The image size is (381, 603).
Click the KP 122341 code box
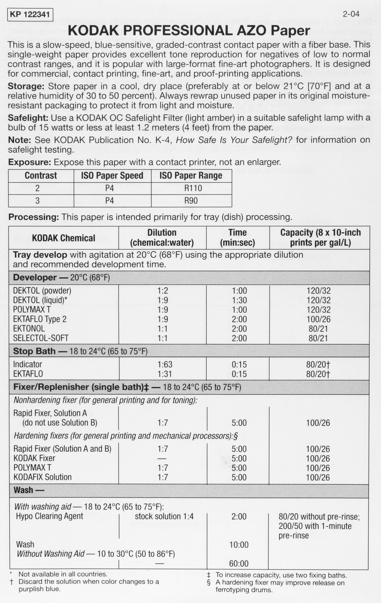pyautogui.click(x=30, y=15)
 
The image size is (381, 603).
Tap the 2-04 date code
pyautogui.click(x=351, y=14)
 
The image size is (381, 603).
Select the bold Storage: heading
pyautogui.click(x=26, y=86)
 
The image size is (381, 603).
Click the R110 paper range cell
pyautogui.click(x=193, y=188)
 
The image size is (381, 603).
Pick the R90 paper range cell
pyautogui.click(x=191, y=201)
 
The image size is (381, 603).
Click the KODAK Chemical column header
pyautogui.click(x=64, y=238)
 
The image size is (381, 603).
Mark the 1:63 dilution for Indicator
pyautogui.click(x=165, y=364)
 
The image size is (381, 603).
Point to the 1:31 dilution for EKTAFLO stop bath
pyautogui.click(x=165, y=374)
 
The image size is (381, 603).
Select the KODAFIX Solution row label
pyautogui.click(x=42, y=477)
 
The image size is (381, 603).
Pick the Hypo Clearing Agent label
pyautogui.click(x=50, y=516)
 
